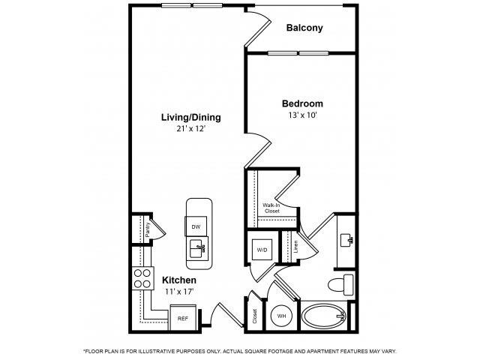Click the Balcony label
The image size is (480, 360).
click(304, 28)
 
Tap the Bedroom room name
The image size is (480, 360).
click(302, 103)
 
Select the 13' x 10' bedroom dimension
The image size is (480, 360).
click(302, 115)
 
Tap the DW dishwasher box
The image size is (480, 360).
click(196, 226)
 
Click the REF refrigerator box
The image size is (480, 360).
click(182, 318)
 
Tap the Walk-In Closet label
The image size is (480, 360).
click(271, 208)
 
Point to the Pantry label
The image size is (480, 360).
click(148, 229)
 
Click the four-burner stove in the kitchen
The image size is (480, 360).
click(142, 280)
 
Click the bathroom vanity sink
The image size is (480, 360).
click(346, 241)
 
